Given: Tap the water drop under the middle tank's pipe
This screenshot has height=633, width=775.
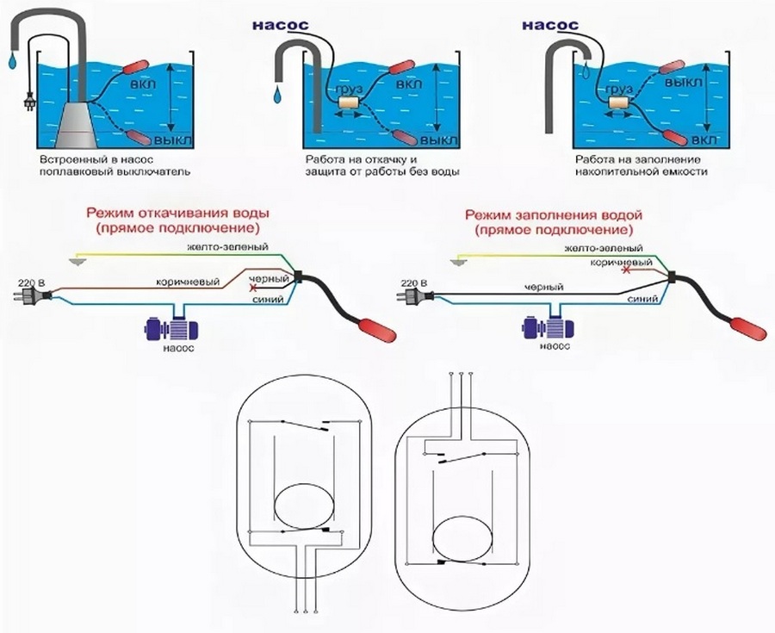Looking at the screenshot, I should [277, 90].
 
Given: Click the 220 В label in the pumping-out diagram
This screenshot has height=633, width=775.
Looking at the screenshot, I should [28, 282].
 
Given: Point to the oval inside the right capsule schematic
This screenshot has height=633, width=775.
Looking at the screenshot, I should [462, 540].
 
